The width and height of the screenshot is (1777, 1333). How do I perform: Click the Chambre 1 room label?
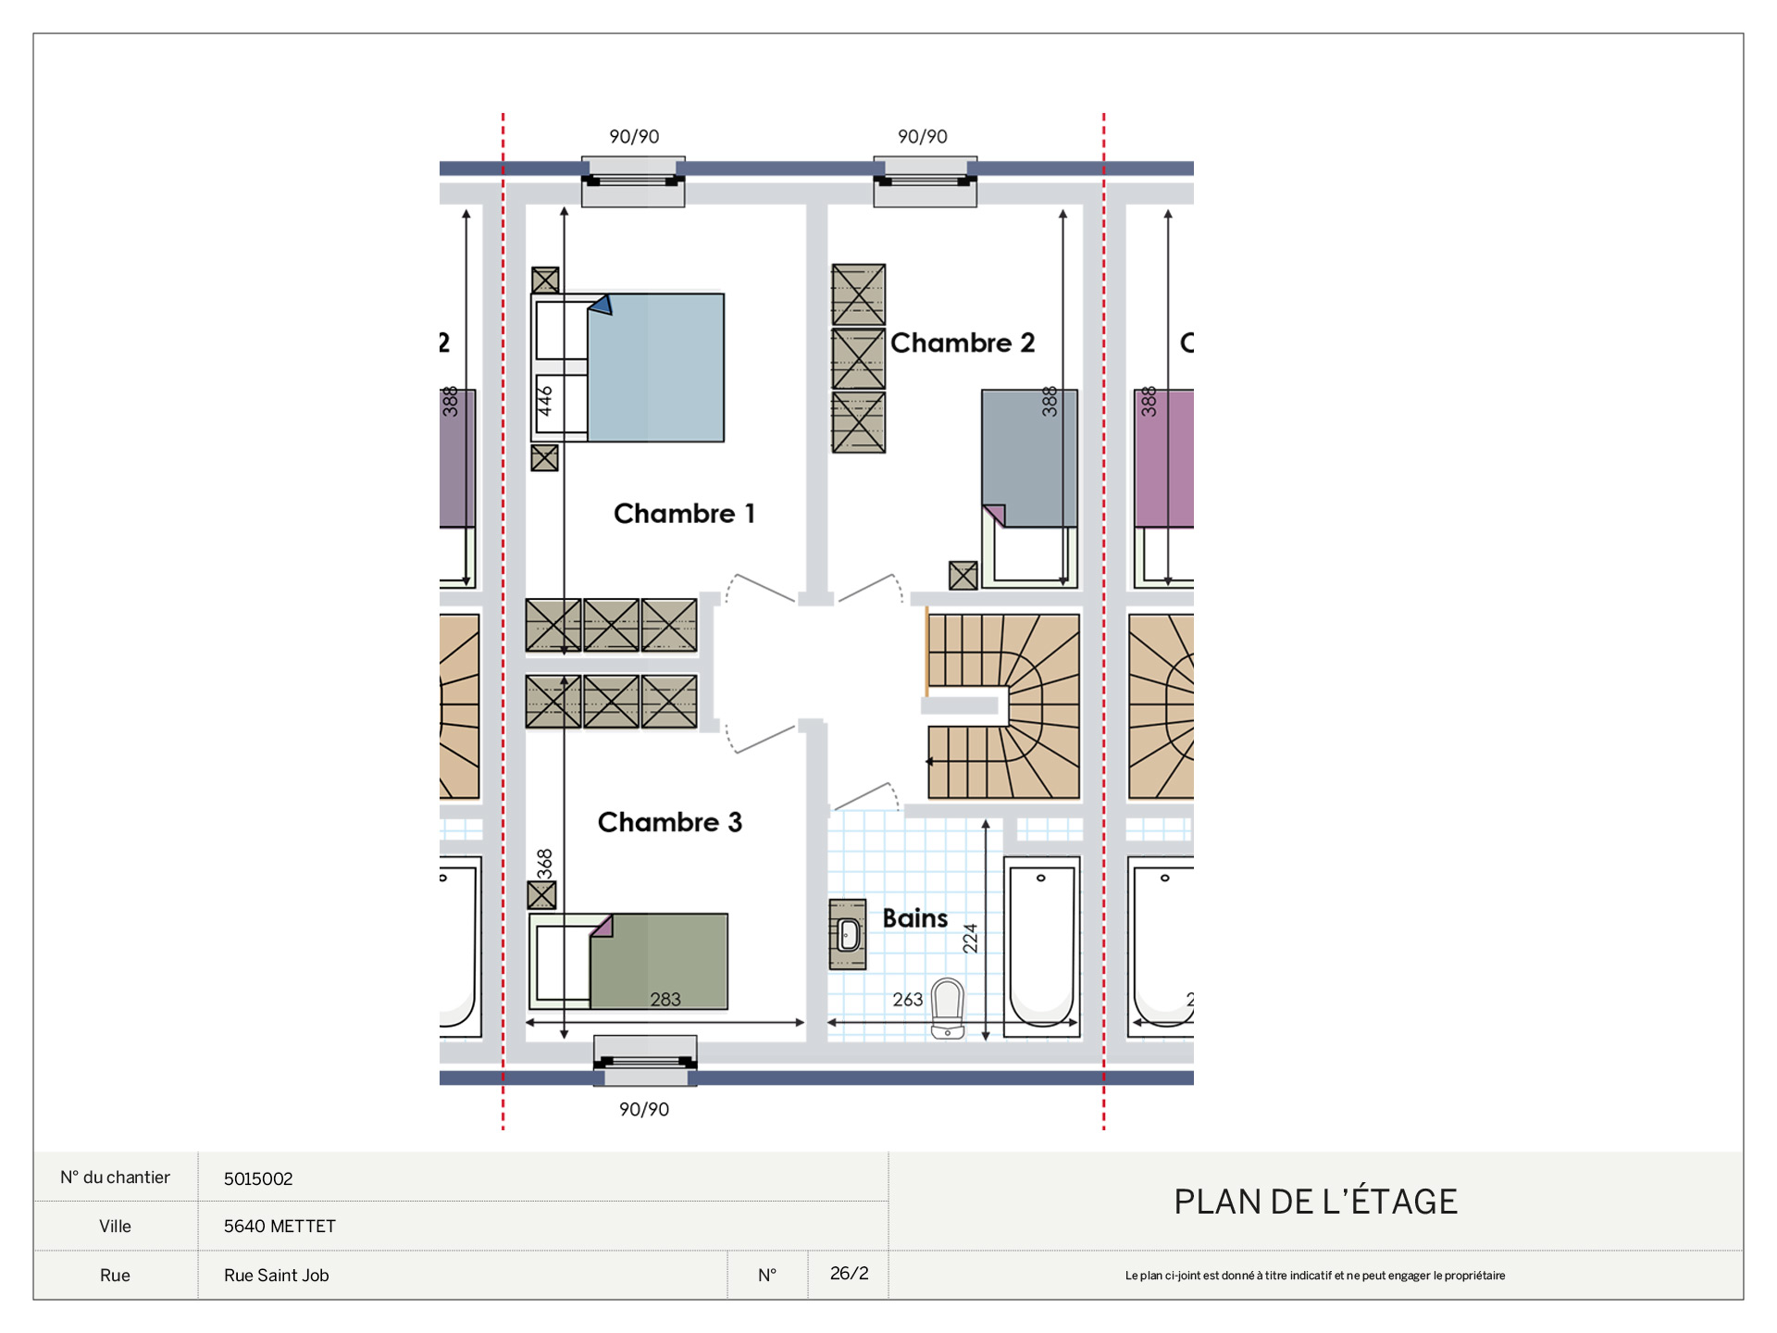coord(684,514)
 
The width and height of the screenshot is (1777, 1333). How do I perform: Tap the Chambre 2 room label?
coord(963,343)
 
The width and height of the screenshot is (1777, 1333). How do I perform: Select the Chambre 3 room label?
coord(670,822)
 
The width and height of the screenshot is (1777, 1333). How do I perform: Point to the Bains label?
coord(915,918)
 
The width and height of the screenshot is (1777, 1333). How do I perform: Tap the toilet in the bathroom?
coord(948,1009)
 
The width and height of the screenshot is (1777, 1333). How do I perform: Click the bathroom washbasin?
coord(848,935)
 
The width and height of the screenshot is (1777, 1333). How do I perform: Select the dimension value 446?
coord(545,401)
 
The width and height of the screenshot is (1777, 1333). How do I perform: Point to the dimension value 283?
coord(665,1000)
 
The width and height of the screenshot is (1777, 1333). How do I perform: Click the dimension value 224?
coord(970,939)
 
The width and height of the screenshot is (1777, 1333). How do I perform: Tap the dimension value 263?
coord(908,1000)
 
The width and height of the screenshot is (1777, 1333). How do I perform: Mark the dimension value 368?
coord(545,864)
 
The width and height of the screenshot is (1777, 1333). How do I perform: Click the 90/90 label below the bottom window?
coord(644,1109)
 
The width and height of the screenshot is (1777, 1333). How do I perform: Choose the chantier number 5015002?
coord(258,1178)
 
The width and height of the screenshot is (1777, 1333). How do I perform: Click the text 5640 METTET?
coord(280,1227)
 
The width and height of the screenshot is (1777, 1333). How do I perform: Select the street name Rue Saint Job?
coord(277,1276)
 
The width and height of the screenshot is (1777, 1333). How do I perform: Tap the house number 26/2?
coord(850,1274)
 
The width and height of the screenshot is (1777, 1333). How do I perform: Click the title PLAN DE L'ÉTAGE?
coord(1315,1202)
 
